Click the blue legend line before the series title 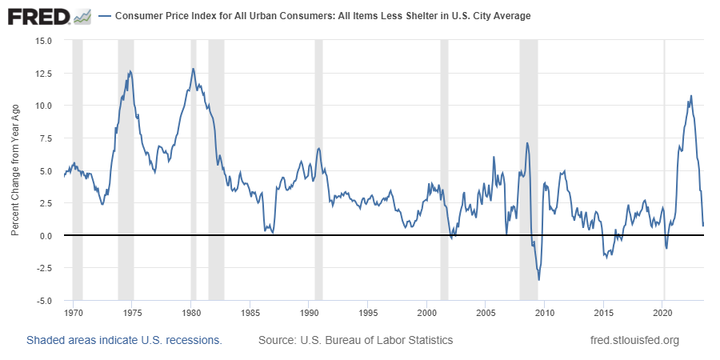pos(105,16)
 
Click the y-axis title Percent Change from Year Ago pos(15,170)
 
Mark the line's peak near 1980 pos(194,69)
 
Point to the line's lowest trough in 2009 pos(538,280)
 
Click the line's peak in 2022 pos(691,95)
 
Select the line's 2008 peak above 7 pos(527,143)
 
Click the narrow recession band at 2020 pos(664,170)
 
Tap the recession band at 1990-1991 pos(318,170)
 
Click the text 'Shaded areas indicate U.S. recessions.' pos(125,340)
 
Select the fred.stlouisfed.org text pos(634,340)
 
